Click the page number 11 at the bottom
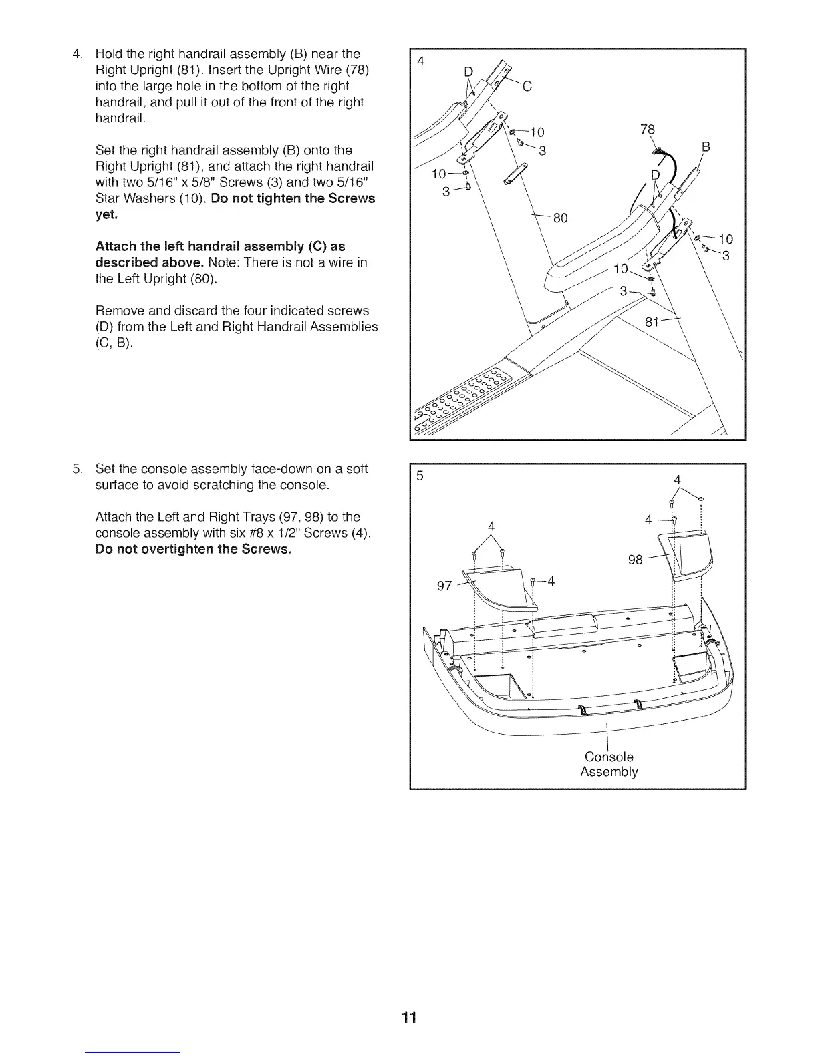[x=409, y=1017]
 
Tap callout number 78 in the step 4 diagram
[x=648, y=129]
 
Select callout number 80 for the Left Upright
[x=560, y=218]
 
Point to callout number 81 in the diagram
[x=653, y=323]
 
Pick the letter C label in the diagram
[x=526, y=85]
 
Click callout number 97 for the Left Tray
[x=444, y=586]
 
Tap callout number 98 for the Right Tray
[x=636, y=560]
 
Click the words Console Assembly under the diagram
[x=609, y=765]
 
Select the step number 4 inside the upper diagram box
[x=421, y=61]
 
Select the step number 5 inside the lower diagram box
[x=420, y=476]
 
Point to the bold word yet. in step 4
[x=106, y=215]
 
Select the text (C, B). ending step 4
[x=114, y=343]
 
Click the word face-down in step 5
[x=293, y=468]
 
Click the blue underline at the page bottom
[x=133, y=1052]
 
